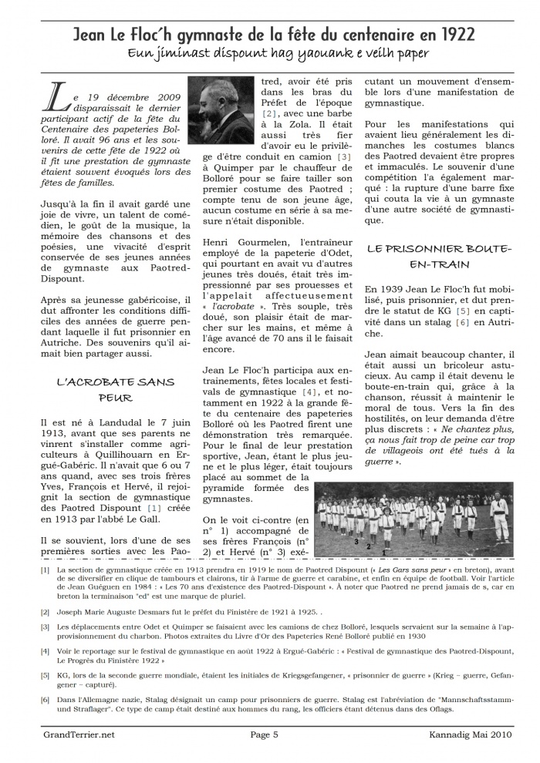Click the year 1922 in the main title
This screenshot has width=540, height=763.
pos(456,34)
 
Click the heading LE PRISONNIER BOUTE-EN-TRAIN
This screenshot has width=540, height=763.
pos(438,256)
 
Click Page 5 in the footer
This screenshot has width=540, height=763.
pos(265,734)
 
